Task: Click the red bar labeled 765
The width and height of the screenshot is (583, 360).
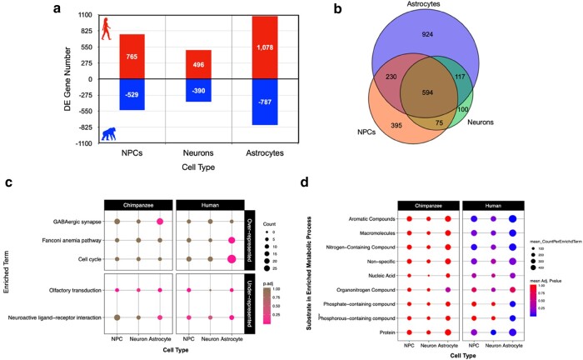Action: pos(132,57)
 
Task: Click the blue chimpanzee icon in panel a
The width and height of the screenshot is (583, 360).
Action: pos(108,132)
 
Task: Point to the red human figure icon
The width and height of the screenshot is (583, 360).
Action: pos(106,29)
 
